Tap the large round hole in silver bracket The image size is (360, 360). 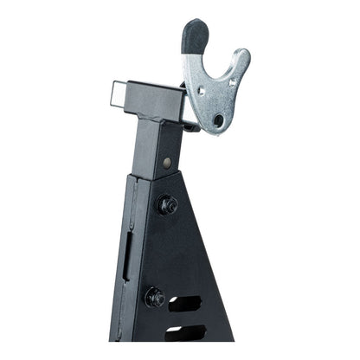(x=218, y=119)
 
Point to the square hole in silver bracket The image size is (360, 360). (x=205, y=90)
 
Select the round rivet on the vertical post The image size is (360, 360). (x=167, y=162)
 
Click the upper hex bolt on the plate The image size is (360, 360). (x=166, y=205)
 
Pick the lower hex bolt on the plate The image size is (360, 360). (x=155, y=296)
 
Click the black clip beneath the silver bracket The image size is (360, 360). (x=192, y=126)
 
